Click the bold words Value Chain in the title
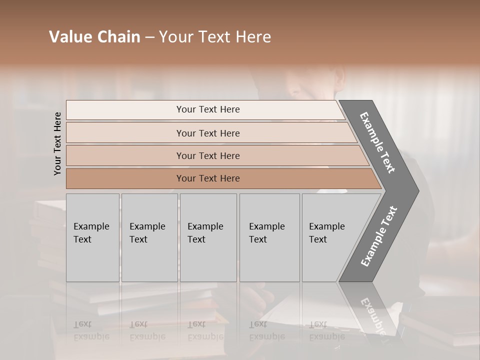coord(94,37)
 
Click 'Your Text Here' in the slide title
coord(215,37)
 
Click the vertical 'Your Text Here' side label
coord(57,143)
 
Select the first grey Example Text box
coord(92,237)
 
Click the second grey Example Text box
coord(149,237)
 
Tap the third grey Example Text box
coord(208,237)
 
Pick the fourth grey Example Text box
coord(269,237)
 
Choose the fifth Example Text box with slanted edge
coord(330,237)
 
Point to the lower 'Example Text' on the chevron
coord(379,236)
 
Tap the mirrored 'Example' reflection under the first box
coord(91,336)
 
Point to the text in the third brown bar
coord(208,156)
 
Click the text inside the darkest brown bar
coord(208,178)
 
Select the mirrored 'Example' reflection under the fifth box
coord(327,336)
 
